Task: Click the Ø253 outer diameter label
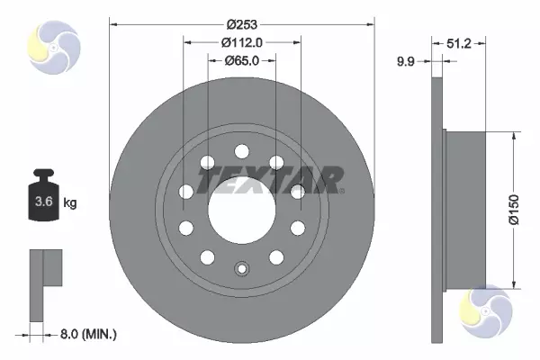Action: [x=242, y=24]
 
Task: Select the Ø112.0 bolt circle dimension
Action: [x=242, y=42]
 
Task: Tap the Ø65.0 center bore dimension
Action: [x=242, y=60]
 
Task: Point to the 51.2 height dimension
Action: [x=459, y=43]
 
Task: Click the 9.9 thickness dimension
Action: [x=406, y=62]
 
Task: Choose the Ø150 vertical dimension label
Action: [x=514, y=210]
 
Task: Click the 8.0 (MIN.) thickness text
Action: [x=88, y=334]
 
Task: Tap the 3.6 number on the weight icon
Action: [x=44, y=202]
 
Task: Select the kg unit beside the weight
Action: [x=70, y=202]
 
